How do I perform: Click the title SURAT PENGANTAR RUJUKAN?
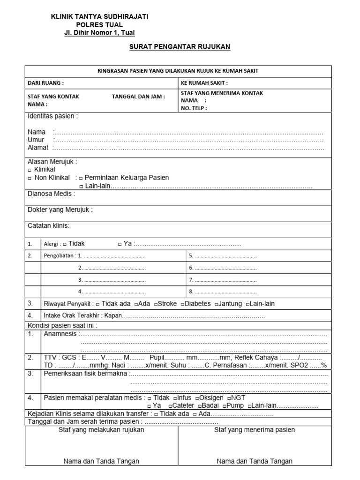pyautogui.click(x=180, y=47)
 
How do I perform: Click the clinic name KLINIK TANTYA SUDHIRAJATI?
pyautogui.click(x=99, y=16)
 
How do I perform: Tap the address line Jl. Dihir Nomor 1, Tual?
pyautogui.click(x=99, y=32)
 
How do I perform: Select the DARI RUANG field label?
pyautogui.click(x=46, y=83)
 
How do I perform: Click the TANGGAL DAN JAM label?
pyautogui.click(x=138, y=97)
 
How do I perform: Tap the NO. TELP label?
pyautogui.click(x=194, y=108)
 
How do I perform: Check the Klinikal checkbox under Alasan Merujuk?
pyautogui.click(x=30, y=170)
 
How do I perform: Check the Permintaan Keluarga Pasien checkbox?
pyautogui.click(x=81, y=178)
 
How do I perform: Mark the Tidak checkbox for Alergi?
pyautogui.click(x=65, y=244)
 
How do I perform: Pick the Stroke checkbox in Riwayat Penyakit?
pyautogui.click(x=156, y=304)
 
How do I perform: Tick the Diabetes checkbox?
pyautogui.click(x=183, y=304)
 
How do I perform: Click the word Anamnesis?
pyautogui.click(x=60, y=334)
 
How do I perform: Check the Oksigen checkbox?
pyautogui.click(x=198, y=398)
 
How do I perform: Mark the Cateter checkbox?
pyautogui.click(x=170, y=406)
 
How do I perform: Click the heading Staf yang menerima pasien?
pyautogui.click(x=255, y=430)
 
